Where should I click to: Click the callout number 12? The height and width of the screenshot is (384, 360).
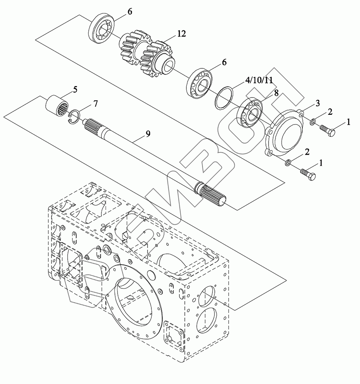coord(182,34)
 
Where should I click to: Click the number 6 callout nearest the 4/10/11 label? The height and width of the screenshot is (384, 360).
coord(224,62)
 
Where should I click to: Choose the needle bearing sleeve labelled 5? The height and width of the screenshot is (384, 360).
coord(58,105)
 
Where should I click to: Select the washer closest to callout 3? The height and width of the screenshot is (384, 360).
coord(313,122)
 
